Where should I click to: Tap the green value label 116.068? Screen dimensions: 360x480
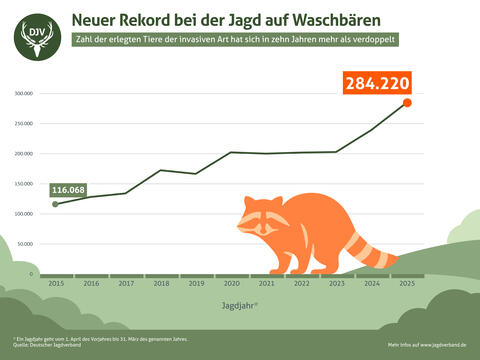pos(70,189)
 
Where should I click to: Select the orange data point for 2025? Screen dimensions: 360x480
pos(407,102)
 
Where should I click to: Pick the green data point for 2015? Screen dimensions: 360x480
pos(55,204)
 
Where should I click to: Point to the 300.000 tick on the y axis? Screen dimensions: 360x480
pos(23,94)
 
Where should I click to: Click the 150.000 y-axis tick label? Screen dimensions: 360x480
pos(23,184)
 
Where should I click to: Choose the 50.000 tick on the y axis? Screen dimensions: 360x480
pos(24,244)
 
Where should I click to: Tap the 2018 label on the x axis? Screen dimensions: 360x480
pos(161,283)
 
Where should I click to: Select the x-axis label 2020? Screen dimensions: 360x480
pos(231,283)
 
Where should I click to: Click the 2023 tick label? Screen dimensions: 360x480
pos(337,283)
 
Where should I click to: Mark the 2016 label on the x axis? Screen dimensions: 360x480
pos(90,283)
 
